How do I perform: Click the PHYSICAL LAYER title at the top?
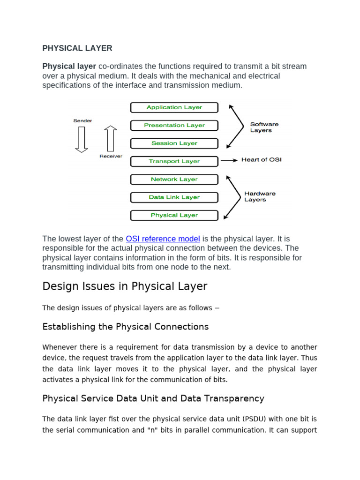click(77, 48)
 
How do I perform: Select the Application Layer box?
click(174, 107)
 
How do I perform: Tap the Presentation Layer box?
click(174, 125)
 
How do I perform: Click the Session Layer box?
click(174, 143)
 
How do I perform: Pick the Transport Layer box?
click(174, 161)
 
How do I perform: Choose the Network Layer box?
click(174, 179)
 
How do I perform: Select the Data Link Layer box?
click(174, 197)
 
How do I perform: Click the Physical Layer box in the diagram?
click(174, 215)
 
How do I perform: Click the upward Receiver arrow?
click(111, 138)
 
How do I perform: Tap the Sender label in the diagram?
click(82, 120)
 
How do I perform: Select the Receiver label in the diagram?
click(111, 156)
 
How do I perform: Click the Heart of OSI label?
click(261, 160)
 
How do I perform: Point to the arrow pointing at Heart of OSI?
click(229, 160)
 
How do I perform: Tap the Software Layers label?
click(264, 127)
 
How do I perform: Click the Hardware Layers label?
click(260, 196)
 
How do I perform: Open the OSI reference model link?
click(163, 239)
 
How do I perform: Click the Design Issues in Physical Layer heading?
click(125, 286)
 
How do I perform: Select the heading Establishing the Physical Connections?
click(125, 327)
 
